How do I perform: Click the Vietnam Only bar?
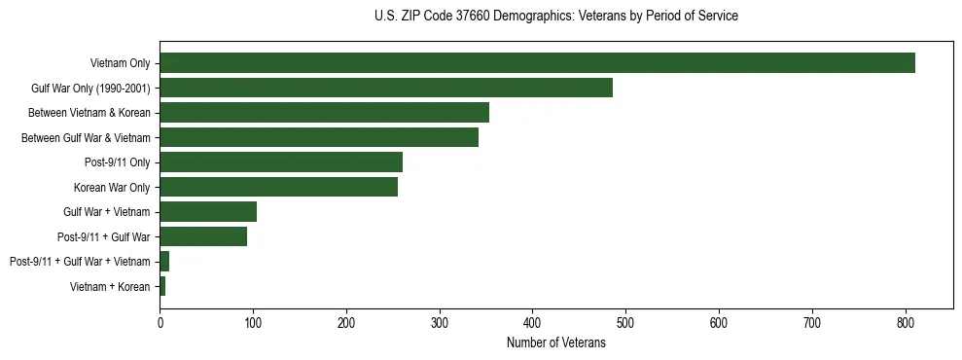[x=537, y=63]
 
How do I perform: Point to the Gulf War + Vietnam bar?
[x=208, y=212]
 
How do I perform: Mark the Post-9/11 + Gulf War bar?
[x=203, y=236]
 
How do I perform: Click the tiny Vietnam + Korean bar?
[x=162, y=286]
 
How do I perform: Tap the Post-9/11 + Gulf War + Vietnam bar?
[x=164, y=262]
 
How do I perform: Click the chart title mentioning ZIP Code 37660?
[x=555, y=16]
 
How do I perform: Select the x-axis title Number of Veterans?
[x=555, y=342]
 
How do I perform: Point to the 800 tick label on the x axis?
[x=906, y=321]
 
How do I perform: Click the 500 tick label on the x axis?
[x=625, y=321]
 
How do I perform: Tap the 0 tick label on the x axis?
[x=160, y=321]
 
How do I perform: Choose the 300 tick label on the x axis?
[x=440, y=321]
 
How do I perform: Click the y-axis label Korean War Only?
[x=112, y=187]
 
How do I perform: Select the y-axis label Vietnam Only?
[x=120, y=63]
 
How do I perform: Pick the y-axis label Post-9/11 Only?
[x=117, y=162]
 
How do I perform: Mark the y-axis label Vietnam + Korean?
[x=110, y=286]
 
